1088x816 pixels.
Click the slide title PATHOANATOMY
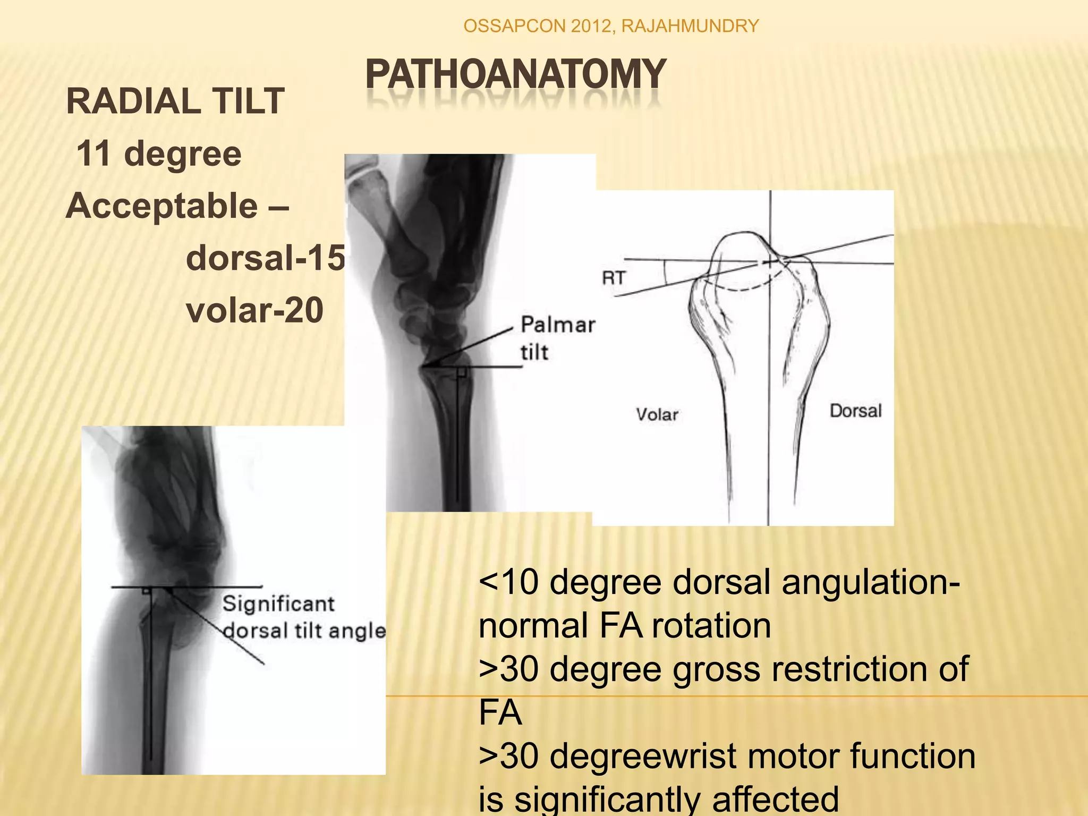(x=515, y=74)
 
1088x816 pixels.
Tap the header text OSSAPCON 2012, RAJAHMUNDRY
(x=611, y=25)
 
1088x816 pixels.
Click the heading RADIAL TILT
(x=175, y=101)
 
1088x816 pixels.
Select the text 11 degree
(x=159, y=154)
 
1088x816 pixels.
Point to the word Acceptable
(x=161, y=206)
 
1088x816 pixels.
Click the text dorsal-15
(x=265, y=258)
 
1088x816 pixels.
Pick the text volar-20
(x=254, y=310)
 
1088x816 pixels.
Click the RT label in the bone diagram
(x=614, y=277)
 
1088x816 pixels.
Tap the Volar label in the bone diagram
(x=657, y=414)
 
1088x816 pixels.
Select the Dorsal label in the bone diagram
(x=855, y=411)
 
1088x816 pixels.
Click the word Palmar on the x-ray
(x=558, y=325)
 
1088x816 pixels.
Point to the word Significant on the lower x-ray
(x=278, y=604)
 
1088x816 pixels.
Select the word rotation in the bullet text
(x=711, y=625)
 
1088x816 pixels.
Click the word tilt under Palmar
(x=534, y=353)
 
